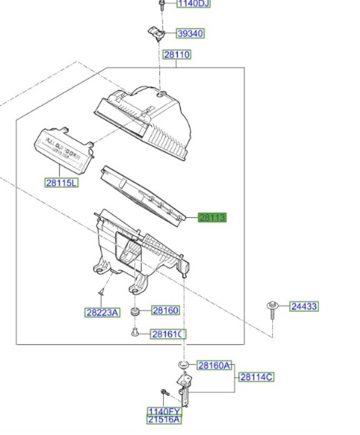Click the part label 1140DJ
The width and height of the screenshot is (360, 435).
193,3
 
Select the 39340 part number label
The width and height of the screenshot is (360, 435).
190,33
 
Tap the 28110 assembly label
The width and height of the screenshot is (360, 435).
177,55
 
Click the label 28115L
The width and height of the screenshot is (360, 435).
62,183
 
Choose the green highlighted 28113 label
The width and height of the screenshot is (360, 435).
213,217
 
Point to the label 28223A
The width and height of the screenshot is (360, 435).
102,312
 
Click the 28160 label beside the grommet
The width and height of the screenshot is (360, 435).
165,310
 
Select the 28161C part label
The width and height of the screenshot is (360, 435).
168,334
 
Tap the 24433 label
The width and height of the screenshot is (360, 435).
304,306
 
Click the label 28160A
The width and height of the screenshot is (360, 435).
215,365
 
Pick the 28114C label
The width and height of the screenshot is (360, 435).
257,377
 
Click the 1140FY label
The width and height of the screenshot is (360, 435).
164,412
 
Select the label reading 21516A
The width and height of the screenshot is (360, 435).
164,419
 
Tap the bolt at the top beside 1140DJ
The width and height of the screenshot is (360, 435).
161,5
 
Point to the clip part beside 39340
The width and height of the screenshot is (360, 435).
157,33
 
